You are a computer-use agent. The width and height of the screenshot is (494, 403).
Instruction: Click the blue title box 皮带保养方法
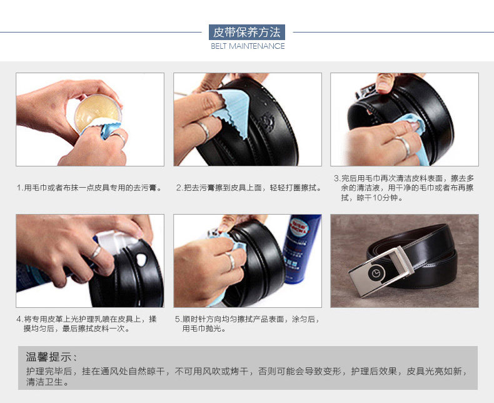click(247, 32)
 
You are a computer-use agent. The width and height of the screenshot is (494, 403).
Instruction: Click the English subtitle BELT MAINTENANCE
click(248, 46)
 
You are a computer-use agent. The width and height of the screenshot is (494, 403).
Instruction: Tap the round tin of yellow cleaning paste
click(98, 113)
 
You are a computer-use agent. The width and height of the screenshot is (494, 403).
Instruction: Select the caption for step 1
click(90, 188)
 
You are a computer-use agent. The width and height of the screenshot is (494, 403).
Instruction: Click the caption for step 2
click(249, 188)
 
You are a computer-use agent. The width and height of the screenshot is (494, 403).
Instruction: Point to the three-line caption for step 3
click(404, 188)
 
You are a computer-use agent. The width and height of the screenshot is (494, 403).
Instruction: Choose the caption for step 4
click(86, 324)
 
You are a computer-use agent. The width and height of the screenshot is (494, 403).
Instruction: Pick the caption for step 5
click(248, 324)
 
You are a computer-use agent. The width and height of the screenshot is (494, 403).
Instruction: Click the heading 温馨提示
click(51, 357)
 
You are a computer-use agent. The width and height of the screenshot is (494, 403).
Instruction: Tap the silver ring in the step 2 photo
click(203, 130)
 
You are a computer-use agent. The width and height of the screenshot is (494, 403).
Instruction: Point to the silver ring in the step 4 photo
click(96, 252)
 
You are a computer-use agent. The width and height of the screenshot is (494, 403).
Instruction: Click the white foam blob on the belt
click(141, 259)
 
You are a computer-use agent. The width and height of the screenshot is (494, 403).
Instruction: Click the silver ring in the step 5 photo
click(231, 260)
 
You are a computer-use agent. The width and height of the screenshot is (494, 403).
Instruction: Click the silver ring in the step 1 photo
click(119, 138)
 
